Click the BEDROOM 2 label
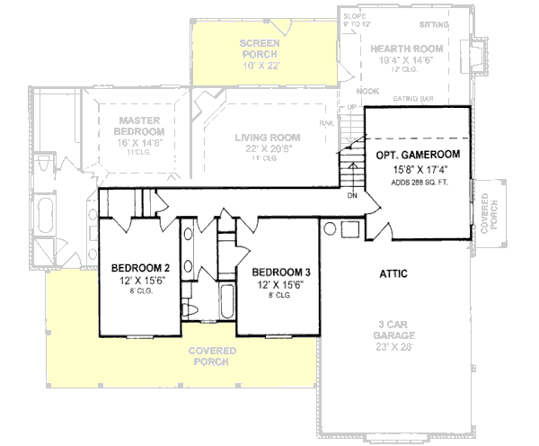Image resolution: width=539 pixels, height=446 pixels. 140,267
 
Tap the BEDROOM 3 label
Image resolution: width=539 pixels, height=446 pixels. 281,272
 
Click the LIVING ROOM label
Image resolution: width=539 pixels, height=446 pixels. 268,138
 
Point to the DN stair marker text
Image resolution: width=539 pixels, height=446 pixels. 353,194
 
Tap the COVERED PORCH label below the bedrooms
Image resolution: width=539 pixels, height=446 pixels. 213,355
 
